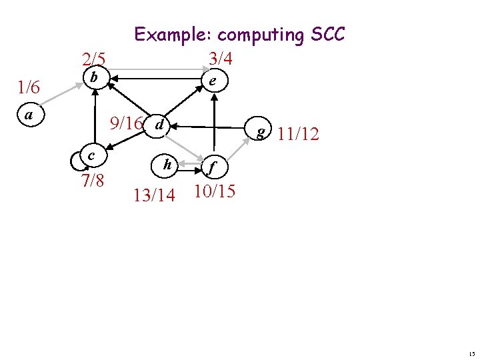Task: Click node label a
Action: click(29, 115)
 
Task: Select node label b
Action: click(94, 78)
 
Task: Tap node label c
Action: click(89, 155)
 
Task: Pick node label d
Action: click(159, 125)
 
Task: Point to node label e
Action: click(211, 81)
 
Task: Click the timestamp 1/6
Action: click(29, 87)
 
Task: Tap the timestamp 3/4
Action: click(220, 58)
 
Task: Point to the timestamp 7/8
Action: click(92, 180)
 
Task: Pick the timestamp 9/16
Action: click(127, 123)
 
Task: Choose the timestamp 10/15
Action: click(213, 191)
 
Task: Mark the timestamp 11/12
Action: click(298, 135)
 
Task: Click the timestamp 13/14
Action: click(154, 195)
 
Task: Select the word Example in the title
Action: click(173, 35)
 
